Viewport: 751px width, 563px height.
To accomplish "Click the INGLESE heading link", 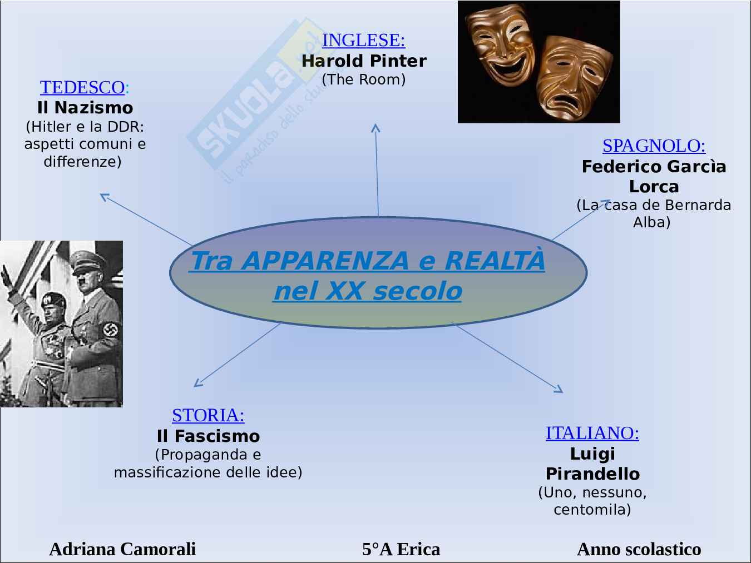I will (363, 40).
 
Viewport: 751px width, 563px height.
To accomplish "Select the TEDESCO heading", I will (82, 87).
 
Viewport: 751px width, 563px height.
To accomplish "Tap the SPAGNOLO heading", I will (654, 146).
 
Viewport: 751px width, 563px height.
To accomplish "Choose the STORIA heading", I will (208, 415).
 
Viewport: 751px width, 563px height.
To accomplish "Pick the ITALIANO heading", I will (592, 433).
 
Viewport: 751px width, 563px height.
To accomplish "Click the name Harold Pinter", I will (364, 61).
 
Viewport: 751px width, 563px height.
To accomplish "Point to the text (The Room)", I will (364, 79).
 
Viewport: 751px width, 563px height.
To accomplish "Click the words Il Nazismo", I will (85, 107).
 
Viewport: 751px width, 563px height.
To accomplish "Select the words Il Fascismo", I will (208, 436).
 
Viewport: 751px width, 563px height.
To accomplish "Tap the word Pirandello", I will (592, 474).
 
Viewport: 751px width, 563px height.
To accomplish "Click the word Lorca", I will (654, 186).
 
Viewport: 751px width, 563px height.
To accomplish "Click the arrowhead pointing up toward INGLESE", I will (375, 128).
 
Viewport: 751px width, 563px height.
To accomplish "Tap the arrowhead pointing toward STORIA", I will (197, 383).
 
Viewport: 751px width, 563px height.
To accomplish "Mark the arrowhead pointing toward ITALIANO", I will (559, 390).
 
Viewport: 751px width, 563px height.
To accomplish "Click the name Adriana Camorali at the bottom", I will (122, 549).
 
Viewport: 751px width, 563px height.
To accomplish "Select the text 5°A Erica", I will (401, 549).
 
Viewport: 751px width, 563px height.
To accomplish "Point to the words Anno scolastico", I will (639, 549).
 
